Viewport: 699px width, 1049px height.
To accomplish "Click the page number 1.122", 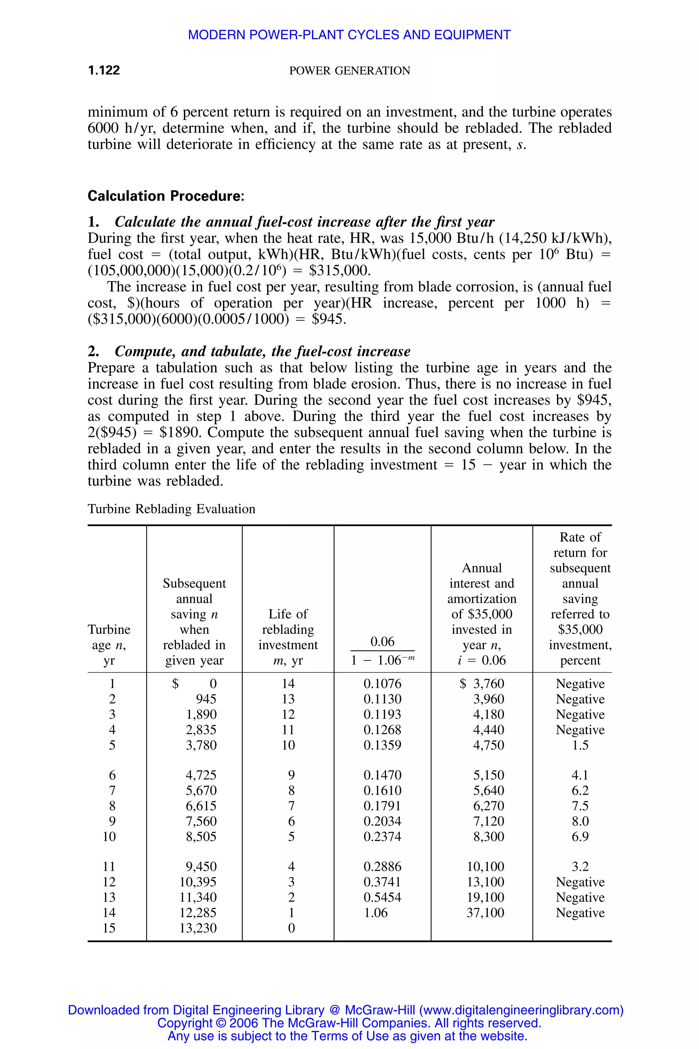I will pyautogui.click(x=104, y=70).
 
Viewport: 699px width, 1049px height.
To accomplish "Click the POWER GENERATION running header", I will pyautogui.click(x=349, y=71).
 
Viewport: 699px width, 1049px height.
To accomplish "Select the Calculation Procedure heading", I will pyautogui.click(x=166, y=196).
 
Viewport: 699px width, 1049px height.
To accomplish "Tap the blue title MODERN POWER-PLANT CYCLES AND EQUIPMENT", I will pyautogui.click(x=349, y=35).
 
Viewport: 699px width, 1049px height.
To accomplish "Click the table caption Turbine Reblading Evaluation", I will pyautogui.click(x=171, y=509).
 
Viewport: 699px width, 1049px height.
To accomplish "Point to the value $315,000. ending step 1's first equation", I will pyautogui.click(x=340, y=270).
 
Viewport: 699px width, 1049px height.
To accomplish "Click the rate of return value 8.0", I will pyautogui.click(x=580, y=821).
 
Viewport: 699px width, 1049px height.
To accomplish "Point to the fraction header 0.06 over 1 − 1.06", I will pyautogui.click(x=383, y=651).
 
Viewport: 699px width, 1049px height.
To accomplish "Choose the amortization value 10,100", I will pyautogui.click(x=485, y=867).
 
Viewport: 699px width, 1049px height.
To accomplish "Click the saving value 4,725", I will pyautogui.click(x=201, y=775).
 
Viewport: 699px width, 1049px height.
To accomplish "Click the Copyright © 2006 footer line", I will pyautogui.click(x=349, y=1023).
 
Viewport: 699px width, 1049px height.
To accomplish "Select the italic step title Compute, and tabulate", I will pyautogui.click(x=262, y=351).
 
